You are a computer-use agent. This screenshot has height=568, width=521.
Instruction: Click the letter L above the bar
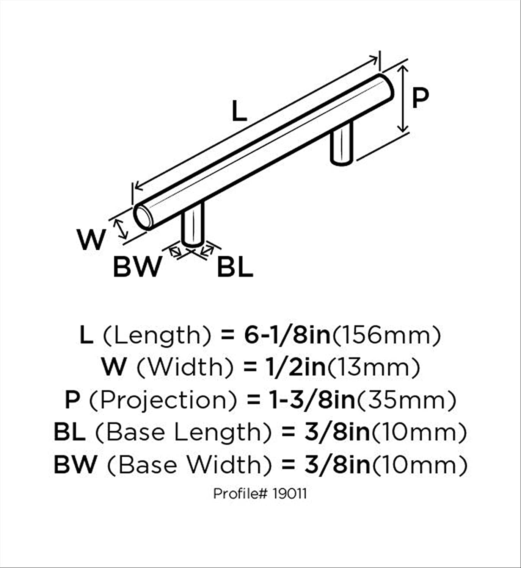[x=239, y=112]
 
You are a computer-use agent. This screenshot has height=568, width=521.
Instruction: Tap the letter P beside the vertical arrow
[x=420, y=98]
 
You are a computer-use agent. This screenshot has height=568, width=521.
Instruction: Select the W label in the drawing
[x=92, y=240]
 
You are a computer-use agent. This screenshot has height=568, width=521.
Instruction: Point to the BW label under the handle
[x=137, y=267]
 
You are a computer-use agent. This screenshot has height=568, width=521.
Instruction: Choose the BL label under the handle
[x=235, y=267]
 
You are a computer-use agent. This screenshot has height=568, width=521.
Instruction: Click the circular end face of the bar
[x=142, y=216]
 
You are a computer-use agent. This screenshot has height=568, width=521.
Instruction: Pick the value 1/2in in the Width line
[x=295, y=368]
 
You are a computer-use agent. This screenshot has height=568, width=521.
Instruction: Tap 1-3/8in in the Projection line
[x=312, y=400]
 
